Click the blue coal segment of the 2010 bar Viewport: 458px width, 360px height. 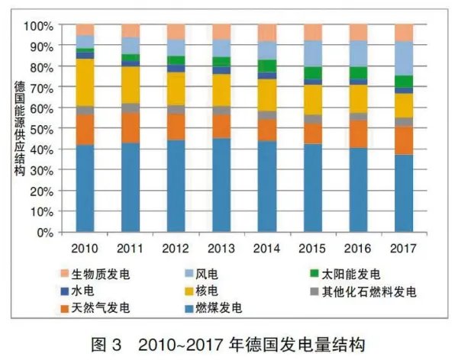point(85,188)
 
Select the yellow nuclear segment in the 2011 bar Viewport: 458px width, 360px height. point(131,85)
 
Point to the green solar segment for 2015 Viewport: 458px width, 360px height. point(313,73)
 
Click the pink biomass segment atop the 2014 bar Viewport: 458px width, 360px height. point(267,32)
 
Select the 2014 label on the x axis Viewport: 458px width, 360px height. point(267,248)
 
